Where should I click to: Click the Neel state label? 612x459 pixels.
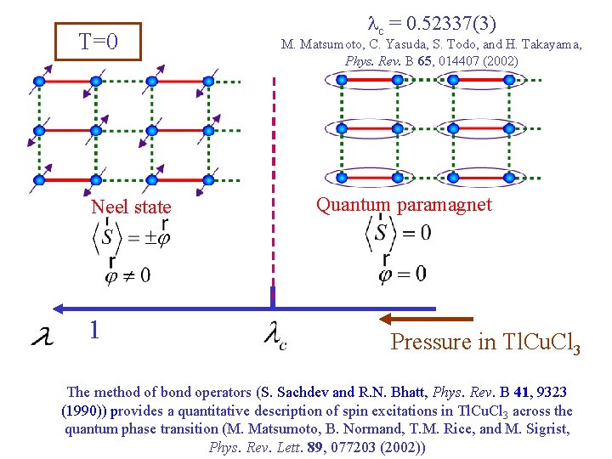(131, 207)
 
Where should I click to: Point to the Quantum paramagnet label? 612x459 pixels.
(404, 204)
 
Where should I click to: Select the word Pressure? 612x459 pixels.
(430, 342)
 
